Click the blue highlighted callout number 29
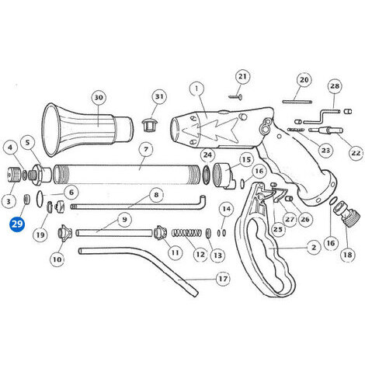pos(17,224)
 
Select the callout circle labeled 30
pos(99,98)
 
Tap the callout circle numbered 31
pos(159,96)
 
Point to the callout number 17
pos(223,279)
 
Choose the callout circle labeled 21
pos(242,77)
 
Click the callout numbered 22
pos(356,153)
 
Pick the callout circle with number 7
pos(146,149)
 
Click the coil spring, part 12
pos(186,233)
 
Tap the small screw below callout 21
pos(235,97)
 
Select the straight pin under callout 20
pos(297,102)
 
